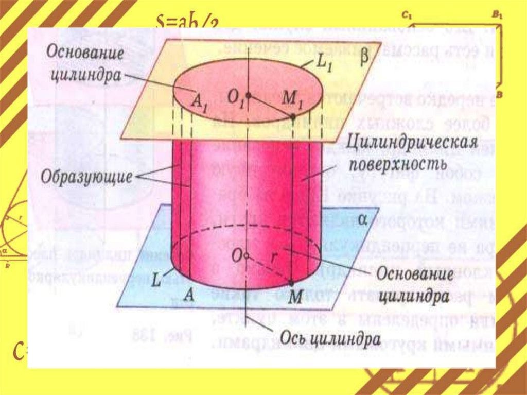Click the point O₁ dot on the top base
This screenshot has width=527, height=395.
[x=248, y=96]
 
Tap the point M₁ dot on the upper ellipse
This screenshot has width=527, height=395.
[x=292, y=117]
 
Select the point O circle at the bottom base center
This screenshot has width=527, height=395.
[x=248, y=256]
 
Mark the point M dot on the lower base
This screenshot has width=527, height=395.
[x=291, y=283]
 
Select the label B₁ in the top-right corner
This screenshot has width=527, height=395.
[x=497, y=16]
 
